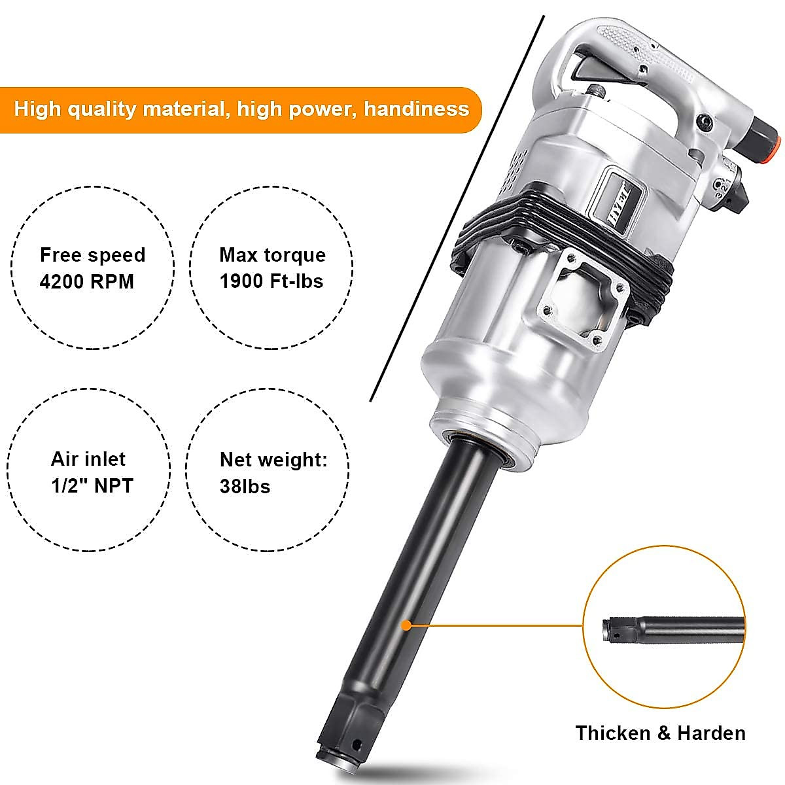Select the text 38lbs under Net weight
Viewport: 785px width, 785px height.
[x=245, y=487]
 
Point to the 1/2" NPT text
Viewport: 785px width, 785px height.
[x=92, y=486]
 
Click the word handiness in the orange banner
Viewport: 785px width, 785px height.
[x=416, y=109]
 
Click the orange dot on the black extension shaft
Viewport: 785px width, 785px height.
[x=406, y=625]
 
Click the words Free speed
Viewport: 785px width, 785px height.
[x=92, y=255]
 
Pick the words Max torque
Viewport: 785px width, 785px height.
[x=272, y=255]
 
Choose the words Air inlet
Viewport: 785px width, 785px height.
[x=88, y=459]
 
